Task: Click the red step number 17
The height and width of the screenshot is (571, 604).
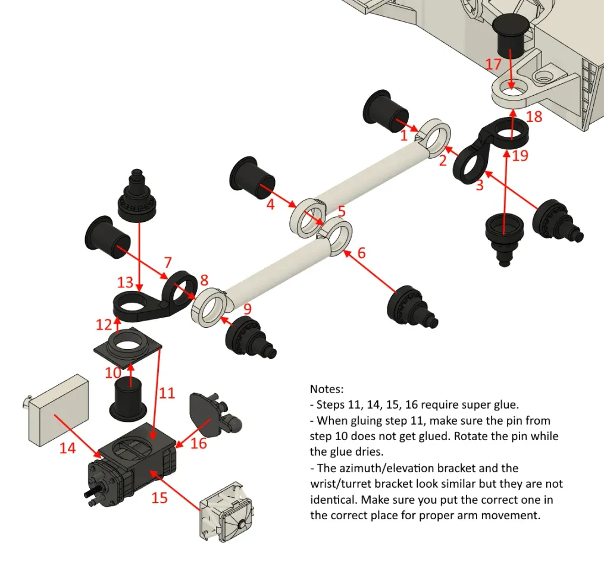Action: click(x=493, y=63)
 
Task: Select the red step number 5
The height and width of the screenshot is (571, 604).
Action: click(x=341, y=211)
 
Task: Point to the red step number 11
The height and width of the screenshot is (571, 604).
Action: click(x=167, y=393)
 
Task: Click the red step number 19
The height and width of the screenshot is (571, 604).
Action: click(x=520, y=156)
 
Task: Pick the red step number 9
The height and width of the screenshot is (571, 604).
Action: click(x=248, y=309)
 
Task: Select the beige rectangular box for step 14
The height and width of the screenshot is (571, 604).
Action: click(x=58, y=409)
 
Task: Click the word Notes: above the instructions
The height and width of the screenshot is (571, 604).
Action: click(x=327, y=389)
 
